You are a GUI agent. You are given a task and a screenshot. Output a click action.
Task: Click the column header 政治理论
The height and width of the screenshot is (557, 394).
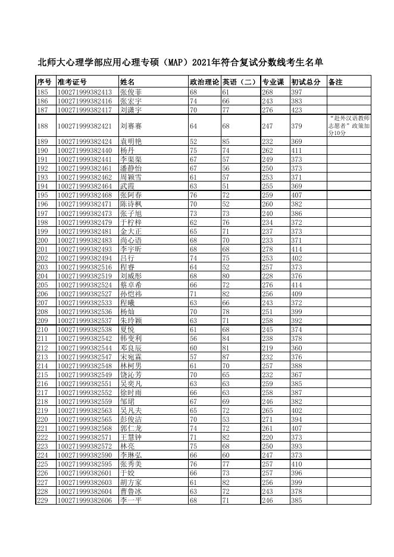click(204, 82)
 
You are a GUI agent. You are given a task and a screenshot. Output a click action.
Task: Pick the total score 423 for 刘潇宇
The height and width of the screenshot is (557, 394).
click(296, 110)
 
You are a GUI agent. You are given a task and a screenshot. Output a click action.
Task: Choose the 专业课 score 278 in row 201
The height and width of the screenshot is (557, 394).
click(267, 248)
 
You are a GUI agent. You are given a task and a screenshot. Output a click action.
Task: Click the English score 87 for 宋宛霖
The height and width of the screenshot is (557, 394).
click(226, 356)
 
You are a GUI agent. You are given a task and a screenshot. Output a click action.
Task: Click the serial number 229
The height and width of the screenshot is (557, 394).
click(42, 500)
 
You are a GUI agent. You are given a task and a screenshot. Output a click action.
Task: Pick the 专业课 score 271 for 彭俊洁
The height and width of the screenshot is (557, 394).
click(267, 419)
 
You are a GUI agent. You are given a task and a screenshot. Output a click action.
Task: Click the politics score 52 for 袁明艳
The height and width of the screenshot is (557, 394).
click(193, 142)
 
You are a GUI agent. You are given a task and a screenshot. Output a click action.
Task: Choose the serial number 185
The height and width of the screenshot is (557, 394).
click(42, 92)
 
